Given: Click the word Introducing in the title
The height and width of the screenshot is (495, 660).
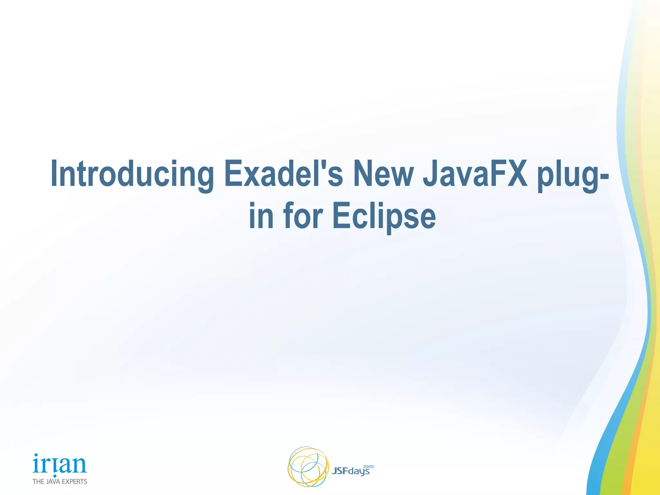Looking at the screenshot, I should pyautogui.click(x=132, y=174).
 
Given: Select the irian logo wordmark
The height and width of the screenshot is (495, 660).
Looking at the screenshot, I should pyautogui.click(x=60, y=464).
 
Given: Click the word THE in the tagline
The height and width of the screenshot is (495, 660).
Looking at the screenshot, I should pyautogui.click(x=38, y=481).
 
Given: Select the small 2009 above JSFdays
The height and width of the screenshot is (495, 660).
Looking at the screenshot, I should pyautogui.click(x=368, y=466).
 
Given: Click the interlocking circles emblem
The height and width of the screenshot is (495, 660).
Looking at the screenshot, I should pyautogui.click(x=308, y=466).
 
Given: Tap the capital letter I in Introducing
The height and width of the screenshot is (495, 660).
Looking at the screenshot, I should pyautogui.click(x=54, y=173).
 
